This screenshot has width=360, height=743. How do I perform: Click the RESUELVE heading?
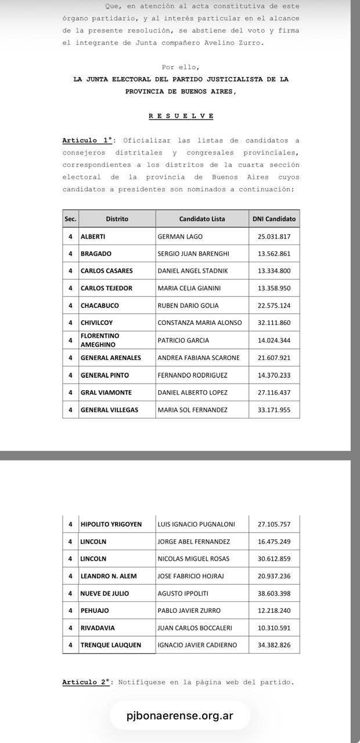(181, 116)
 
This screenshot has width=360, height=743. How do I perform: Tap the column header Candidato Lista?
(201, 219)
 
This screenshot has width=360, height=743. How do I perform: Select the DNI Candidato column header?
(274, 219)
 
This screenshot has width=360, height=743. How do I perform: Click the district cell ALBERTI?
(93, 236)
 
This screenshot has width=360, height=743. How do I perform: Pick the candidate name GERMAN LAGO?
(180, 236)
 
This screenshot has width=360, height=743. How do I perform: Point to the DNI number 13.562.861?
(274, 254)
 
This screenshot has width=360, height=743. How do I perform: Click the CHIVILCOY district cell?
(97, 323)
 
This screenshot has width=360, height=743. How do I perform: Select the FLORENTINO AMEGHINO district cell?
(100, 340)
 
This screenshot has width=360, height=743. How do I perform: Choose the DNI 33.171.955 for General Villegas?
(274, 410)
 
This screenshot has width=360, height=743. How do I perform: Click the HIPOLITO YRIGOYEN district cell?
(111, 524)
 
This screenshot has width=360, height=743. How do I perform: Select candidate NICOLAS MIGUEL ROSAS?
(193, 559)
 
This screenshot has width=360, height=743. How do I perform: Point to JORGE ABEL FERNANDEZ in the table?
(193, 542)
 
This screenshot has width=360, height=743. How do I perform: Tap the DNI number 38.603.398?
(274, 593)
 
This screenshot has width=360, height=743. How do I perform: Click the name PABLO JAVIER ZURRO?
(189, 611)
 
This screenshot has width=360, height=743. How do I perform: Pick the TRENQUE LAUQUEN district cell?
(111, 645)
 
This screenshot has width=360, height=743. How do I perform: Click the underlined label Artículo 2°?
(87, 682)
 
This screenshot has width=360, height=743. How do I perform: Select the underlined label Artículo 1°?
(87, 140)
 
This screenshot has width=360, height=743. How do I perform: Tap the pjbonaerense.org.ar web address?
(179, 715)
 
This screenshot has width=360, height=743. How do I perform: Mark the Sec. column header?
(70, 219)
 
